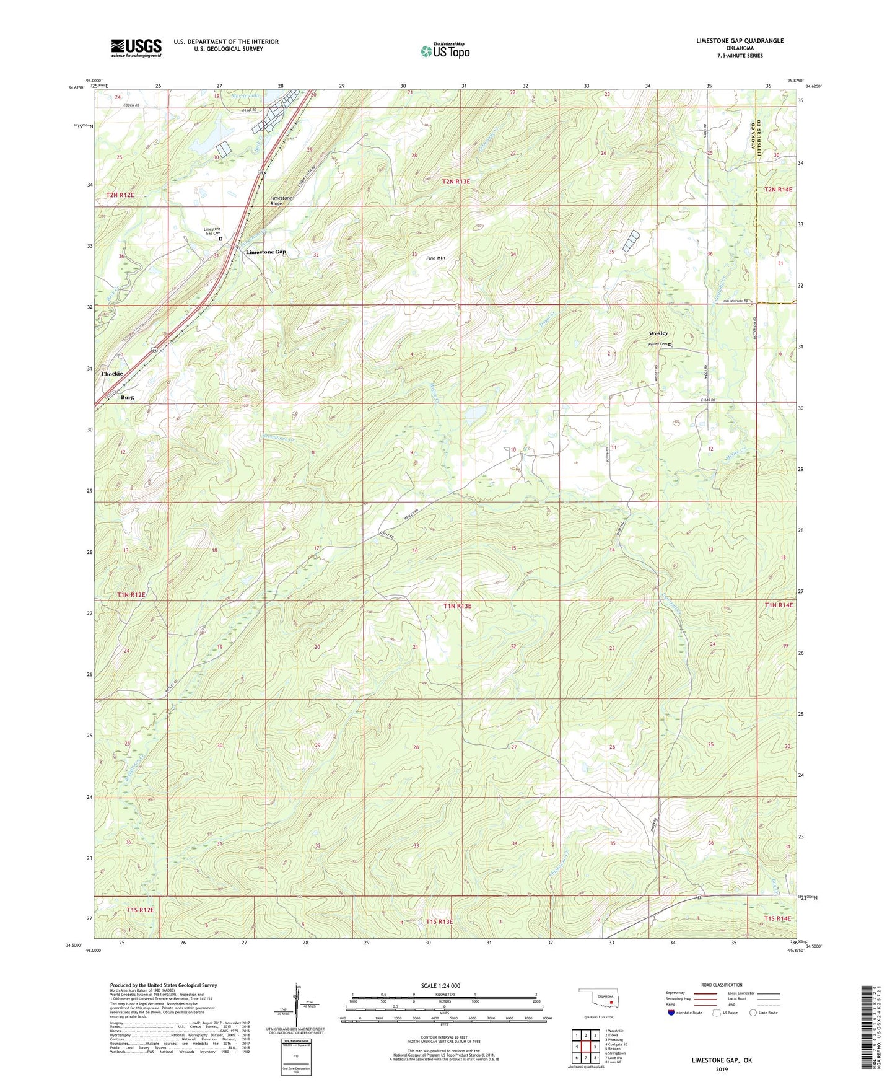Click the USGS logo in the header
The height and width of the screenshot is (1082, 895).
click(x=136, y=48)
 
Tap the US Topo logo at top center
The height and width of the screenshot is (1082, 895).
click(x=445, y=51)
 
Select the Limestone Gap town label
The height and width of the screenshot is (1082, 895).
click(x=266, y=252)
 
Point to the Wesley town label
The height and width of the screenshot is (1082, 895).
click(x=658, y=333)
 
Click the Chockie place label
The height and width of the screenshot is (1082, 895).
click(x=112, y=374)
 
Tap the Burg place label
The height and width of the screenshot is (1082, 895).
click(x=127, y=397)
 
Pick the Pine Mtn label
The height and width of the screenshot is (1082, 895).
click(x=436, y=258)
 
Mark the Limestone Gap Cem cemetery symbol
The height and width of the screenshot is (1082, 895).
click(x=220, y=238)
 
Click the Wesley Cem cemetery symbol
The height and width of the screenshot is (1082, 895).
click(x=670, y=345)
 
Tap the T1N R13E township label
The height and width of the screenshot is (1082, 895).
click(x=457, y=606)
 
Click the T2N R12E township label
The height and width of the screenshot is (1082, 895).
click(x=120, y=195)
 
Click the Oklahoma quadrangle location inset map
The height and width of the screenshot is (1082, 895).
click(x=597, y=1000)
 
